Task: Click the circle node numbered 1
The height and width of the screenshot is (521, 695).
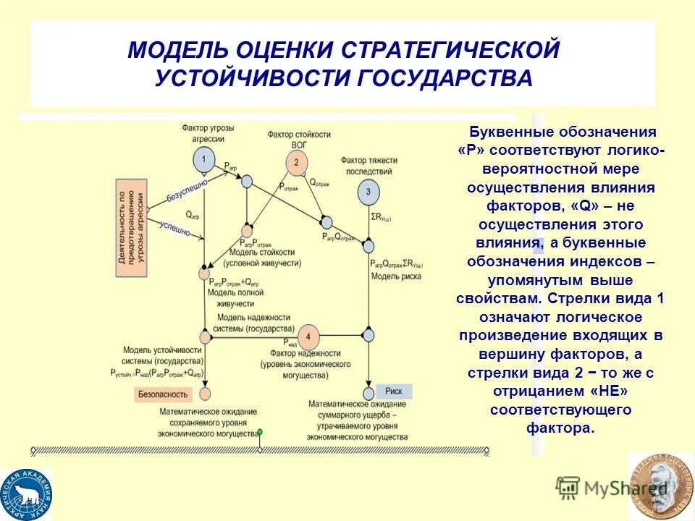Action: click(203, 159)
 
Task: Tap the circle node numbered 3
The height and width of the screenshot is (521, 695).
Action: click(368, 192)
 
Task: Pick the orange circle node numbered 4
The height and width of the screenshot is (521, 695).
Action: click(308, 337)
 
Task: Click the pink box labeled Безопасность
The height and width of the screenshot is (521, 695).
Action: click(163, 394)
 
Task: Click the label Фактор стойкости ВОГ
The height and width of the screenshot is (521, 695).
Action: click(298, 139)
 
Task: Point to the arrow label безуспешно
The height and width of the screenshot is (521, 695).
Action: click(187, 190)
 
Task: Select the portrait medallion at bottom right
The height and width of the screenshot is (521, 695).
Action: click(660, 486)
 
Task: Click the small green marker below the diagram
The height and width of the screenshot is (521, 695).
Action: click(259, 432)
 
